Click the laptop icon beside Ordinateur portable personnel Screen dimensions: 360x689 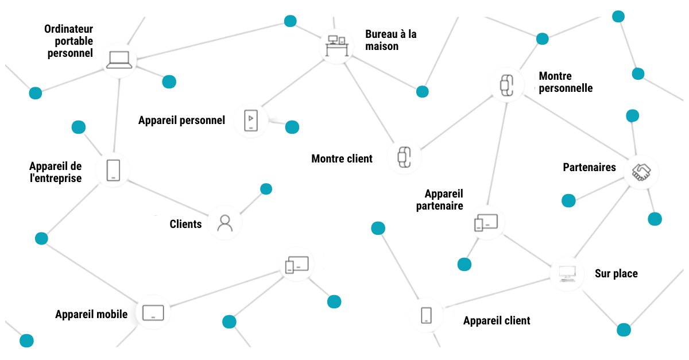click(x=119, y=60)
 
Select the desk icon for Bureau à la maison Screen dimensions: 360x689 click(x=336, y=45)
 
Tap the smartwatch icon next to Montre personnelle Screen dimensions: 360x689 click(x=505, y=85)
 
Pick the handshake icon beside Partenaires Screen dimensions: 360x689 click(x=641, y=171)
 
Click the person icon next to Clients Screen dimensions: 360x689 click(x=224, y=222)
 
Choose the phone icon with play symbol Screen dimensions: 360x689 click(x=251, y=121)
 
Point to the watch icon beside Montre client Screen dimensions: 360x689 click(x=404, y=156)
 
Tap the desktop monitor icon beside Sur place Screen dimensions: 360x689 click(x=567, y=273)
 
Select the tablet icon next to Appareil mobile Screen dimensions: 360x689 click(x=153, y=313)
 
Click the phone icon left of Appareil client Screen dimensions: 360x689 click(x=426, y=315)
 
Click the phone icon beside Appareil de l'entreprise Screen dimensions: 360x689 click(x=114, y=171)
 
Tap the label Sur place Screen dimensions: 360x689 click(x=616, y=274)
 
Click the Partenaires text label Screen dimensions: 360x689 click(x=589, y=168)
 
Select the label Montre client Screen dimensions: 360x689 click(x=342, y=158)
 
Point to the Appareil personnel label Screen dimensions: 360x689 click(x=181, y=121)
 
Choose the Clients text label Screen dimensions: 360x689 click(x=185, y=224)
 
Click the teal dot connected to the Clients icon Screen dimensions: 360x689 click(x=266, y=189)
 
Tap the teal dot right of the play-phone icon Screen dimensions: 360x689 click(x=292, y=127)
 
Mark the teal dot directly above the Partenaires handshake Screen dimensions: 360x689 click(x=632, y=116)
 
